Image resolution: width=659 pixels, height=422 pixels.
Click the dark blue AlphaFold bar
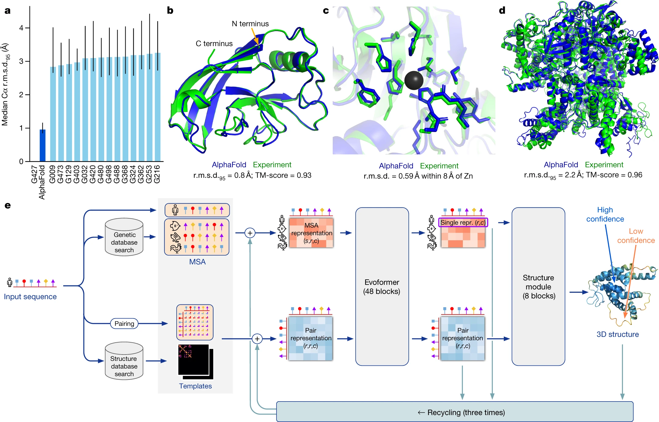(x=42, y=145)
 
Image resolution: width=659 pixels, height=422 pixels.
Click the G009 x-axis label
(x=53, y=174)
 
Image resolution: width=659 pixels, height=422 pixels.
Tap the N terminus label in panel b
(x=250, y=24)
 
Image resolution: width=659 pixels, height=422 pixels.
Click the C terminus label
(x=214, y=44)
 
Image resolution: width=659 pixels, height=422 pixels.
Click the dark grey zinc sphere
(x=414, y=80)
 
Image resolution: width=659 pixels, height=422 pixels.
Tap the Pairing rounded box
(x=124, y=323)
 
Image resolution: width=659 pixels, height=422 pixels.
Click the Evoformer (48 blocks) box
(x=382, y=286)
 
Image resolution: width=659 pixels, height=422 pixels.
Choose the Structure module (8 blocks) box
(x=538, y=286)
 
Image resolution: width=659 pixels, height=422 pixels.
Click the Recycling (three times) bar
(x=454, y=412)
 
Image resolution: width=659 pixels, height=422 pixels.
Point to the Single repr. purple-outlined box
(x=463, y=222)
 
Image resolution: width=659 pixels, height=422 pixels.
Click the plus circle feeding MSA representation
(x=250, y=233)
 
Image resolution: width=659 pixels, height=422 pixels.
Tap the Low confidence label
(x=635, y=236)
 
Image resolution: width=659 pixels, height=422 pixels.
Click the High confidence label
(x=605, y=214)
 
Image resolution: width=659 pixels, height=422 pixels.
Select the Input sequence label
(x=30, y=296)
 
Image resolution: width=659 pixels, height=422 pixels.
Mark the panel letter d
(x=502, y=11)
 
